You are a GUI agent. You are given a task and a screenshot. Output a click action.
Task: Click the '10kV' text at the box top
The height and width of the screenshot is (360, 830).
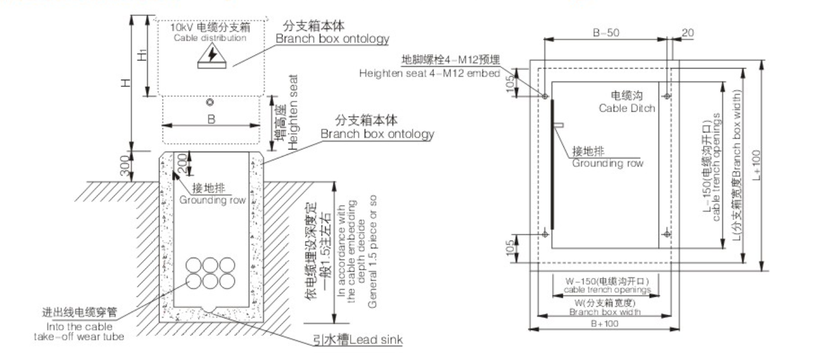[x=179, y=28]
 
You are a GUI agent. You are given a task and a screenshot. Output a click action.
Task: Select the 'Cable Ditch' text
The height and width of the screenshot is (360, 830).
[x=627, y=108]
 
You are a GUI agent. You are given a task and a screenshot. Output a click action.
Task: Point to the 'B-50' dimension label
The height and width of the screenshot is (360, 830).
[x=606, y=33]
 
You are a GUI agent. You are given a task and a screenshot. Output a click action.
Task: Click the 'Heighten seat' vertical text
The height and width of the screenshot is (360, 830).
[x=294, y=112]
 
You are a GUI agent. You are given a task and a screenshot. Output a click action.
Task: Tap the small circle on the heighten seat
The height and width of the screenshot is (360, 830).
[x=209, y=102]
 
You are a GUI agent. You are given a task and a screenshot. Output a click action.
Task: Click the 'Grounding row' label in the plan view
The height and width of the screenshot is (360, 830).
[x=607, y=163]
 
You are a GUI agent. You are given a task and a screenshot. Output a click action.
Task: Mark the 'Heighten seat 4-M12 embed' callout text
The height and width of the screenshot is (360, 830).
[x=429, y=73]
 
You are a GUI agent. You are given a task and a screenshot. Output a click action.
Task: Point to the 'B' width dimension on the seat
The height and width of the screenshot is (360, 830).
[x=211, y=119]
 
